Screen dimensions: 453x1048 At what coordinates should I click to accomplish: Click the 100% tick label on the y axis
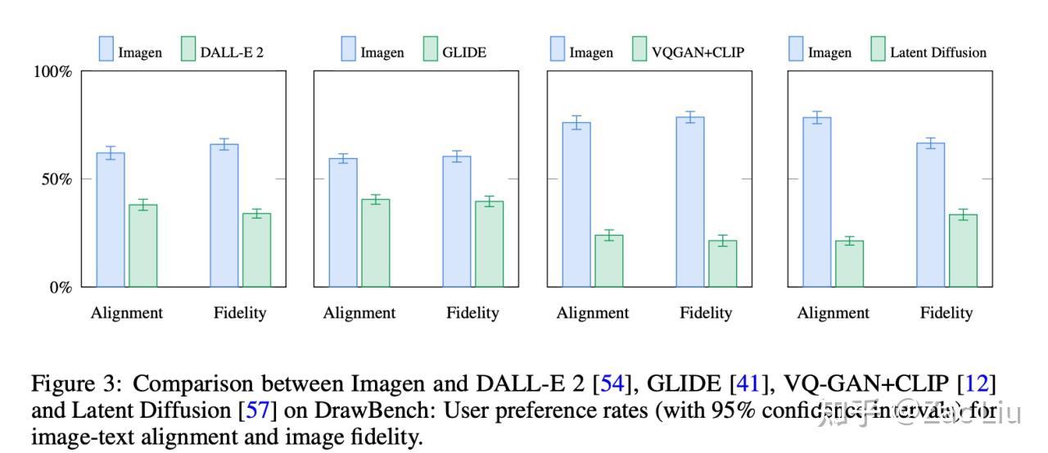52,71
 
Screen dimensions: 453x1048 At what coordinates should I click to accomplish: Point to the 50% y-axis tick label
56,179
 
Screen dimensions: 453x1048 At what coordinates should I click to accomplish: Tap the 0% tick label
60,288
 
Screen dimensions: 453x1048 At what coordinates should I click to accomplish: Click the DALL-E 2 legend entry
232,52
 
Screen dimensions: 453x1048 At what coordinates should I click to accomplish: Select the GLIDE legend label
463,52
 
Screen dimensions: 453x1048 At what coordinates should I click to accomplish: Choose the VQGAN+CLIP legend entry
698,52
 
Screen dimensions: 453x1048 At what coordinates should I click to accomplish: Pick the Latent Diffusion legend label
938,52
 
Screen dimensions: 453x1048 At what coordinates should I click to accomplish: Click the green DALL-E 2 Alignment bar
143,246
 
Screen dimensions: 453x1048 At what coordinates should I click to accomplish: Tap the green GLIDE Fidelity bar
490,244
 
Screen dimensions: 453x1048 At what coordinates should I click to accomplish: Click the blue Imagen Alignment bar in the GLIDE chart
343,223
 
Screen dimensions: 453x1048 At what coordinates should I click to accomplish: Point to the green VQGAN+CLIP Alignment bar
609,261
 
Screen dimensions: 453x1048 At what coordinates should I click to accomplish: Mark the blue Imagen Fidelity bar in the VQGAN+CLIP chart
690,202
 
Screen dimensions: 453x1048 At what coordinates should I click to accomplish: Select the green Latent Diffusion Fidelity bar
963,251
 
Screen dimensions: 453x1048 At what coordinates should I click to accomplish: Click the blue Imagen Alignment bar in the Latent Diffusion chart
817,202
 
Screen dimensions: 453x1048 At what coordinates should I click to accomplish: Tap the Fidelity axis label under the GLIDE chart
472,313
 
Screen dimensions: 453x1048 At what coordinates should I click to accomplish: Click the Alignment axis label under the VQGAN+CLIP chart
593,313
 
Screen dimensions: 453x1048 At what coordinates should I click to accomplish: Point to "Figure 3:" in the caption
77,384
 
